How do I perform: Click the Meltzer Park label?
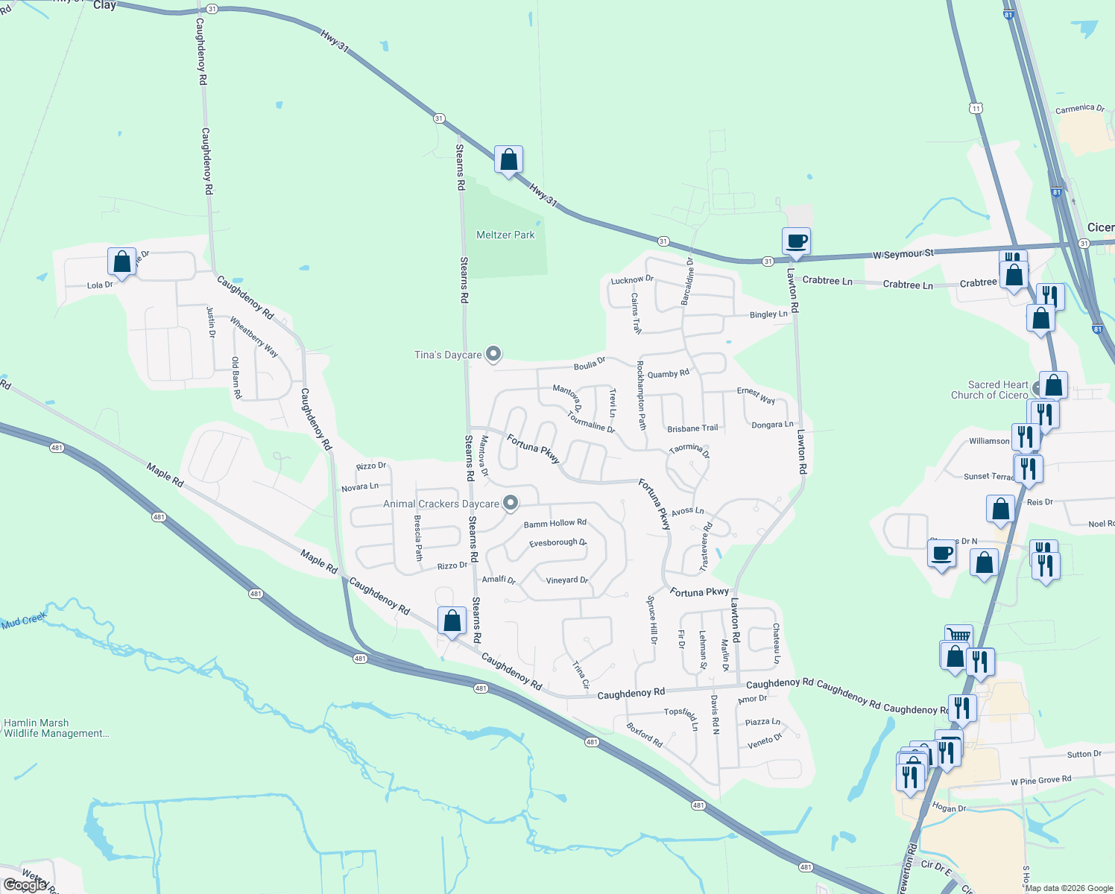pos(505,235)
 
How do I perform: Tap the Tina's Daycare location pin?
pos(493,354)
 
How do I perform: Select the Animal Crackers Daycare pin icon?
pos(511,504)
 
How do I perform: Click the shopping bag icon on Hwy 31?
pos(508,160)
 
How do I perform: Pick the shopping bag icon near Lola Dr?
pos(121,262)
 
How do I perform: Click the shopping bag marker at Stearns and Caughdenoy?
pos(452,621)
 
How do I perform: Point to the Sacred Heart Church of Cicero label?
pos(989,390)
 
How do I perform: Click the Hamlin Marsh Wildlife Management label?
pos(56,728)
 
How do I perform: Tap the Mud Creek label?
pos(24,621)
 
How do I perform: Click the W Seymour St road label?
pos(903,254)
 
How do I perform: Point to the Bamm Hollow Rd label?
pos(555,523)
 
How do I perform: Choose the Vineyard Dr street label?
pos(567,580)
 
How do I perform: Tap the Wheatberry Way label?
pos(254,337)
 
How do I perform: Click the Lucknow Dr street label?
pos(632,280)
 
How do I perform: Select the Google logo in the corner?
pos(25,885)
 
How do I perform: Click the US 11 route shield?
pos(976,109)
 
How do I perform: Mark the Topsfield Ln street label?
pos(682,716)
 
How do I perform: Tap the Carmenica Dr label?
pos(1079,109)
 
